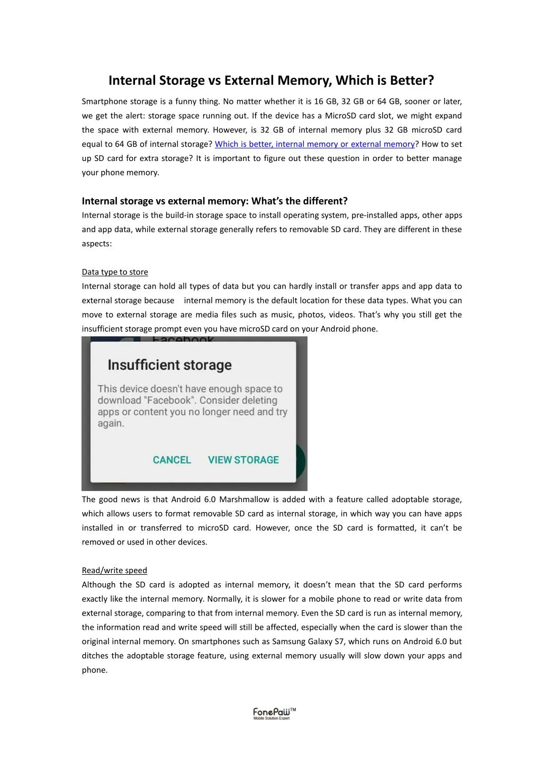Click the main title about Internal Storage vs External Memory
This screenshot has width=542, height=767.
[x=271, y=81]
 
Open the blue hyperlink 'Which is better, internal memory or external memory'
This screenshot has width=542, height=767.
[x=314, y=144]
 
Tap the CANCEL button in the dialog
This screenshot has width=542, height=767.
[x=171, y=460]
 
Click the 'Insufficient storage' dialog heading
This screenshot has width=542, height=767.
[x=169, y=365]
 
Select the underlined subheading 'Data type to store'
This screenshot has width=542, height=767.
[x=115, y=272]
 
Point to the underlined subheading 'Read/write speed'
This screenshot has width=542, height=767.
[x=114, y=570]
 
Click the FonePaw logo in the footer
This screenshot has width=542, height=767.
[x=274, y=714]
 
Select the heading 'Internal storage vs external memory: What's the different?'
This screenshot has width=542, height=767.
[x=214, y=201]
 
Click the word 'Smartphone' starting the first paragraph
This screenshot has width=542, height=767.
[x=104, y=102]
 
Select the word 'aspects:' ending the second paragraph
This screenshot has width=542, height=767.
[x=96, y=244]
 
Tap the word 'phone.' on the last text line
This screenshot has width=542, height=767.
[x=95, y=670]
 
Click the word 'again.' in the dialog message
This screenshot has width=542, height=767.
[x=111, y=424]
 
